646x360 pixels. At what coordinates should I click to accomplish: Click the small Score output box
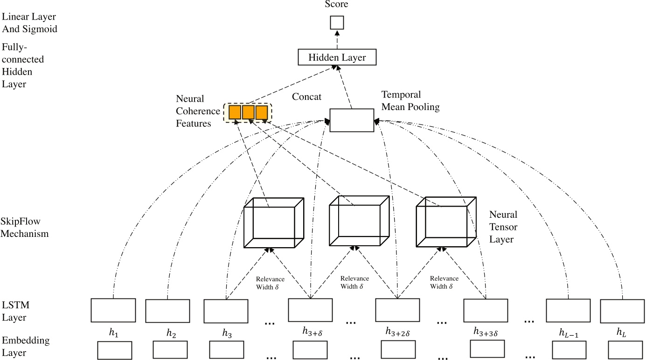coord(337,22)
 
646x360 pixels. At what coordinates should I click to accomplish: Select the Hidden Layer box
coord(337,57)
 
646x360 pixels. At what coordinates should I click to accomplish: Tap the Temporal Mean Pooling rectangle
coord(352,120)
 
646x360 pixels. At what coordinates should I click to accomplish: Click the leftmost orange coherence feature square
coord(235,112)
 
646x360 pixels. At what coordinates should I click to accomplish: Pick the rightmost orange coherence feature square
coord(262,112)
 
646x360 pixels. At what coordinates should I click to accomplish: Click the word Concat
coord(307,97)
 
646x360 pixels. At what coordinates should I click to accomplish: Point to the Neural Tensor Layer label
coord(503,227)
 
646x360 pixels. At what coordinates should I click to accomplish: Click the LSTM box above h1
coord(113,310)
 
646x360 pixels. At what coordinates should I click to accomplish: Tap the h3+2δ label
coord(397,332)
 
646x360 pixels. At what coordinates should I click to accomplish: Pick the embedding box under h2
coord(170,350)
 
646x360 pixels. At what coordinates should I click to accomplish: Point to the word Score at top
coord(337,5)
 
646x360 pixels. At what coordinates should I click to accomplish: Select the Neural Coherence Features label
coord(198,111)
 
